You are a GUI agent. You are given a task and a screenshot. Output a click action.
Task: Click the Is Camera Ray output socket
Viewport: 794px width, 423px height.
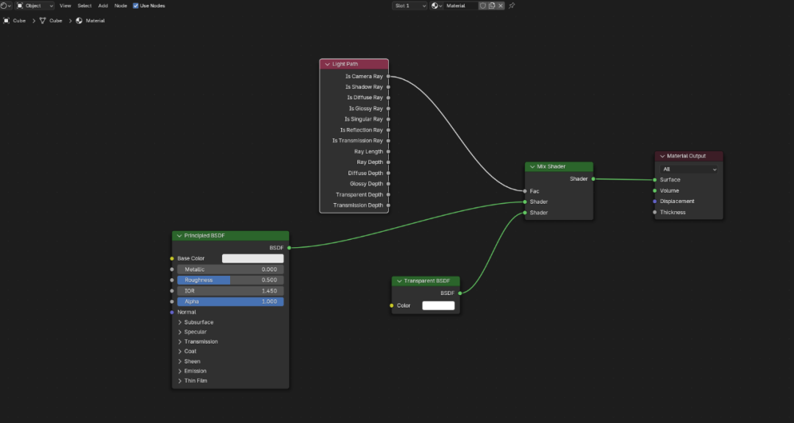pyautogui.click(x=388, y=77)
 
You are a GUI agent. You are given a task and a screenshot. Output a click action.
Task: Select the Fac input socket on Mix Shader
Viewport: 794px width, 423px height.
pyautogui.click(x=525, y=191)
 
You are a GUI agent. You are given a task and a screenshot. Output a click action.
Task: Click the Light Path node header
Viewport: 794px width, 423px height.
pyautogui.click(x=354, y=64)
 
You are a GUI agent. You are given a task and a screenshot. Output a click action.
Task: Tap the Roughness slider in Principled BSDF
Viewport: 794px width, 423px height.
pyautogui.click(x=230, y=280)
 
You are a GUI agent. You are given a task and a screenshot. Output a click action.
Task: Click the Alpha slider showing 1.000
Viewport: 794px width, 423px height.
pyautogui.click(x=230, y=302)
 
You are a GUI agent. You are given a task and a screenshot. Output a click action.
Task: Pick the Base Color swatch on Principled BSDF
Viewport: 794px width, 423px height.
pyautogui.click(x=253, y=258)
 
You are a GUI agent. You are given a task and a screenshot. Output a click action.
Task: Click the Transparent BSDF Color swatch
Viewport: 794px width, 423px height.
pyautogui.click(x=438, y=305)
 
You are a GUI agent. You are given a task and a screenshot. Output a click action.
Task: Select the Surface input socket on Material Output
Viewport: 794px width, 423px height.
pyautogui.click(x=655, y=179)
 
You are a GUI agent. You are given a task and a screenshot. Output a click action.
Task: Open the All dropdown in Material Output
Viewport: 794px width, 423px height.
pyautogui.click(x=689, y=169)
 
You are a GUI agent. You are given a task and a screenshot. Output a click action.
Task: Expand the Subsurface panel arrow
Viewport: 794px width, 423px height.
pyautogui.click(x=180, y=322)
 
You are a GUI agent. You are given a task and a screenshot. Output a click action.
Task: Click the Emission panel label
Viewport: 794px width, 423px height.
pyautogui.click(x=195, y=371)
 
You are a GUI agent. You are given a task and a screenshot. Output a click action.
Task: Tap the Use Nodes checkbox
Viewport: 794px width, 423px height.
pyautogui.click(x=136, y=6)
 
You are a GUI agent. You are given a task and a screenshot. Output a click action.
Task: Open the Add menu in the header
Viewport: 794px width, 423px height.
pyautogui.click(x=103, y=6)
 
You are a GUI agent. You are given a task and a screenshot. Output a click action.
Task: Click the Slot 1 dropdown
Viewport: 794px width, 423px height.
pyautogui.click(x=409, y=6)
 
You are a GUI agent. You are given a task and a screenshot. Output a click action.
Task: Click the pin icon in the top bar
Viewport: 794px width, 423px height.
pyautogui.click(x=512, y=6)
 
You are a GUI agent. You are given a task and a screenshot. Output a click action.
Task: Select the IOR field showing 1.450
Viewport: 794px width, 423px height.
pyautogui.click(x=230, y=291)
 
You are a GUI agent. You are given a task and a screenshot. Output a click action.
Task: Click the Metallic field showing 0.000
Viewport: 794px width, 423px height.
pyautogui.click(x=230, y=269)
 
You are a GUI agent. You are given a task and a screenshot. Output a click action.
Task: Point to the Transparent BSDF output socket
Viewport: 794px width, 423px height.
pyautogui.click(x=459, y=294)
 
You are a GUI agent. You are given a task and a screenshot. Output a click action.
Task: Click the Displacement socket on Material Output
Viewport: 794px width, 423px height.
pyautogui.click(x=655, y=202)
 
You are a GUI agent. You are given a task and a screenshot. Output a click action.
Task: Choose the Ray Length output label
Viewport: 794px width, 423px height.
pyautogui.click(x=368, y=152)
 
